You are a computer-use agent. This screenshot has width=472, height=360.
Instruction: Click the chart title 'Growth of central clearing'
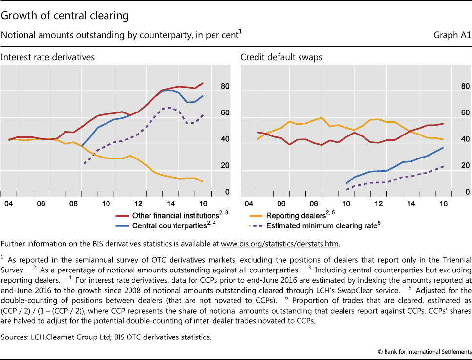pos(64,16)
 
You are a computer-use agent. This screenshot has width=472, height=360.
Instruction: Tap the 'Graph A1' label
pos(452,36)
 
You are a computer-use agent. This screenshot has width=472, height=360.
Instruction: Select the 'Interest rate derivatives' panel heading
pos(47,57)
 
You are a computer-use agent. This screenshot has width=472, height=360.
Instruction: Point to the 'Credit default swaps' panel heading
pos(281,57)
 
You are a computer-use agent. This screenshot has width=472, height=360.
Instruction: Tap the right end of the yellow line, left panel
pos(203,182)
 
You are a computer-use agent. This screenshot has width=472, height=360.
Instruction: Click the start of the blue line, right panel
pos(346,183)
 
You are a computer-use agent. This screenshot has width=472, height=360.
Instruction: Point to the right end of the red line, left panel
pos(203,83)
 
